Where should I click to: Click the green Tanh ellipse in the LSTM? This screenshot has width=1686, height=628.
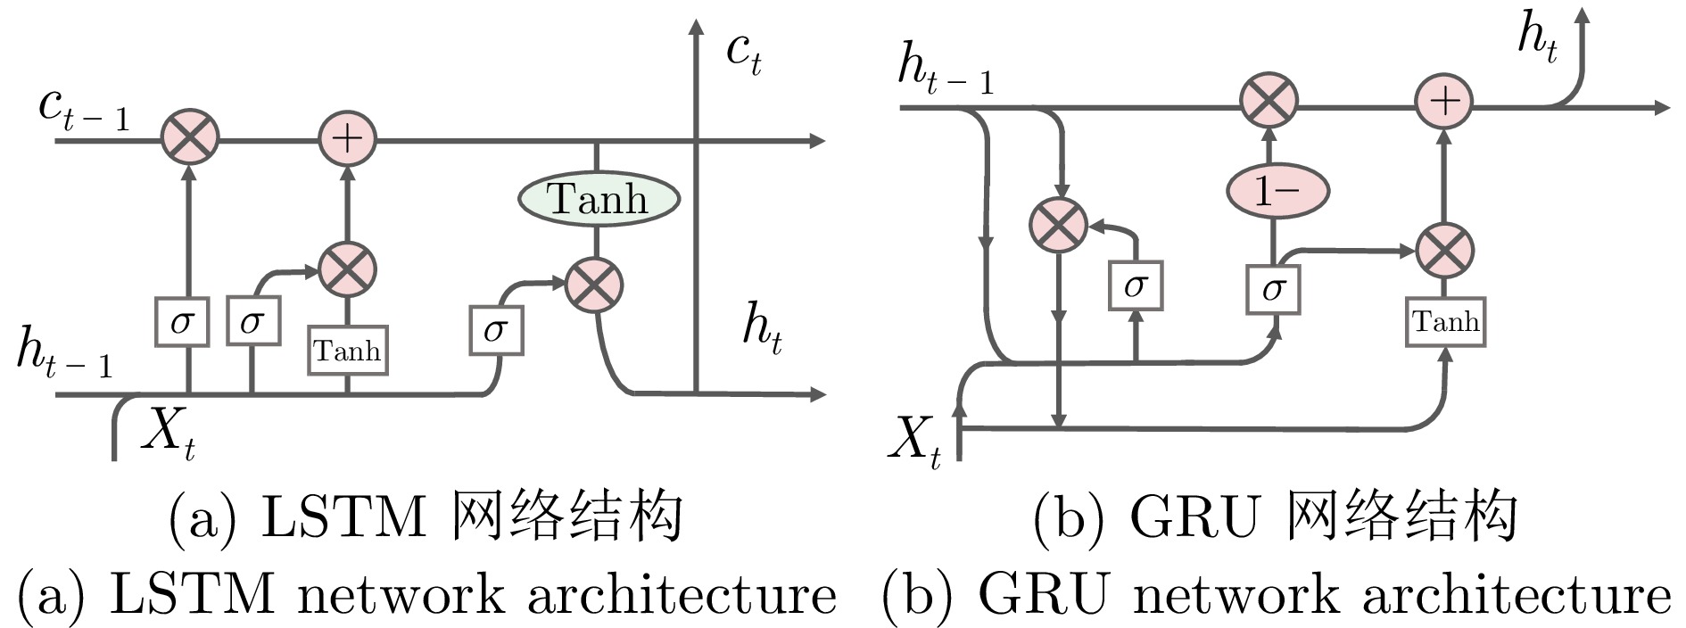click(x=599, y=197)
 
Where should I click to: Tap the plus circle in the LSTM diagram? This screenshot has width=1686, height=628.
click(x=348, y=139)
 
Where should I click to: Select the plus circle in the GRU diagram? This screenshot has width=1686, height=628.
click(x=1444, y=101)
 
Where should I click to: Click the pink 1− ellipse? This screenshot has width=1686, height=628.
click(x=1277, y=190)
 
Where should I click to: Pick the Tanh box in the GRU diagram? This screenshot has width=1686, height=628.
click(x=1445, y=321)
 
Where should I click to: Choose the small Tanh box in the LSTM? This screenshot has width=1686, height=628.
click(x=348, y=351)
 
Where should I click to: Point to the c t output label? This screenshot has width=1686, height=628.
click(x=743, y=54)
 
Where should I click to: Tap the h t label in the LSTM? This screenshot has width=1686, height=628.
click(x=763, y=328)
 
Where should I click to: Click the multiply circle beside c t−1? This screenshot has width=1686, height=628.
click(x=189, y=139)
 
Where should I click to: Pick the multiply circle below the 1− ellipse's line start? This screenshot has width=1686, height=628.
click(x=1269, y=101)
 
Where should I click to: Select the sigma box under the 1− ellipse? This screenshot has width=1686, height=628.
click(x=1273, y=287)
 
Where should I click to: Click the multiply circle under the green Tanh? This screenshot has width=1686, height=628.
click(x=594, y=285)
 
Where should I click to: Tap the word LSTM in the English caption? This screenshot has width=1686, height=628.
click(x=191, y=594)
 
